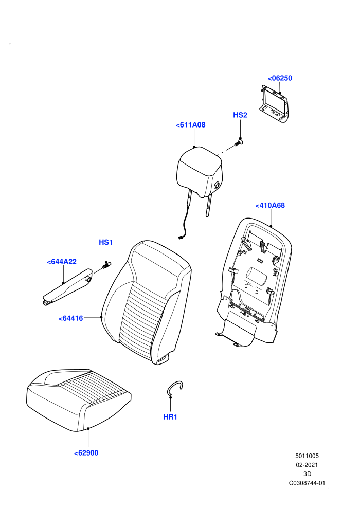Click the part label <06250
pos(280,78)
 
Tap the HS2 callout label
pos(240,115)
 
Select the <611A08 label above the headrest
pos(191,125)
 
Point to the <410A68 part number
pos(270,206)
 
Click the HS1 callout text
pos(106,242)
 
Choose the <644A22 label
pos(62,262)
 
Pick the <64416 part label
pos(71,318)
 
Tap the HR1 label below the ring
pos(170,417)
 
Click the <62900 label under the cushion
pos(86,453)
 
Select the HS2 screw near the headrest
pos(239,142)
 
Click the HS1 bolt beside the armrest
pos(106,265)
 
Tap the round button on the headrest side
pos(217,186)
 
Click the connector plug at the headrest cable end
pos(181,238)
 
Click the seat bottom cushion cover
pos(79,400)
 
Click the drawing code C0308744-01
pos(307,483)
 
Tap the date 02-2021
pos(307,465)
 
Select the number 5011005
pos(307,456)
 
